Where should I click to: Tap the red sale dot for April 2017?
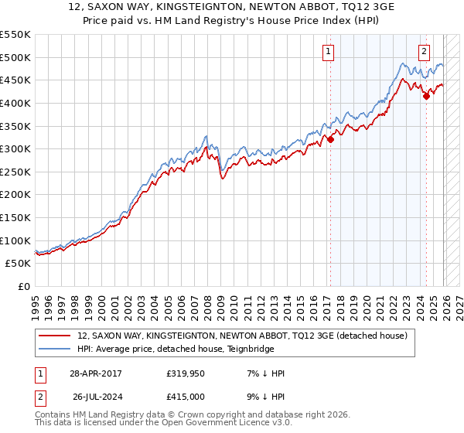click(330, 139)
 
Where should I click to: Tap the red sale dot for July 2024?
click(426, 96)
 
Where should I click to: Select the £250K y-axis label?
click(15, 172)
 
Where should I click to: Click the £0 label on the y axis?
click(24, 286)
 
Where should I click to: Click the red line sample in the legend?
click(54, 336)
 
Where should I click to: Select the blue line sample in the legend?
click(54, 349)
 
